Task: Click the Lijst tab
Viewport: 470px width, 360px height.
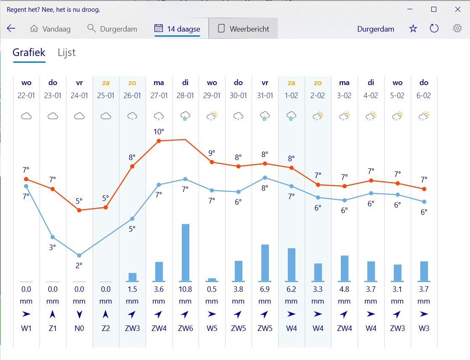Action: [66, 52]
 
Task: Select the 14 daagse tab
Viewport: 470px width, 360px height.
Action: [177, 29]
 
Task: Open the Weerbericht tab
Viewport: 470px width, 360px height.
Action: [243, 29]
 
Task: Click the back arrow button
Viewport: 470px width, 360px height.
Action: [11, 29]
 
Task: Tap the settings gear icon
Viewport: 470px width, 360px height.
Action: [457, 29]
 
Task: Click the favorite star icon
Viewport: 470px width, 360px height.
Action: [413, 29]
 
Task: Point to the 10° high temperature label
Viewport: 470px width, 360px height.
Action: [159, 132]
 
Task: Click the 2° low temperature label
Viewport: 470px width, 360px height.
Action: [79, 265]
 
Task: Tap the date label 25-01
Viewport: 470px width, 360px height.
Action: [106, 96]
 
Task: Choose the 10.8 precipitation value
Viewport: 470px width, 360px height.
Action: [185, 289]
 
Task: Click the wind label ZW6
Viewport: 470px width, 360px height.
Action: [185, 328]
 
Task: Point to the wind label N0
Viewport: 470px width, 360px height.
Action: [79, 328]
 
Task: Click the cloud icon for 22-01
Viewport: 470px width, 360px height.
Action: [26, 116]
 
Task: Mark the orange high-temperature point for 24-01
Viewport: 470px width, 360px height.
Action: [79, 210]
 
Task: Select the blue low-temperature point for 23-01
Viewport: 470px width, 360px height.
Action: [53, 237]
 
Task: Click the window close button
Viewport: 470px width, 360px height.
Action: [458, 9]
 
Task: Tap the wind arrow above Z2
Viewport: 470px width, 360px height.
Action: [106, 314]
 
